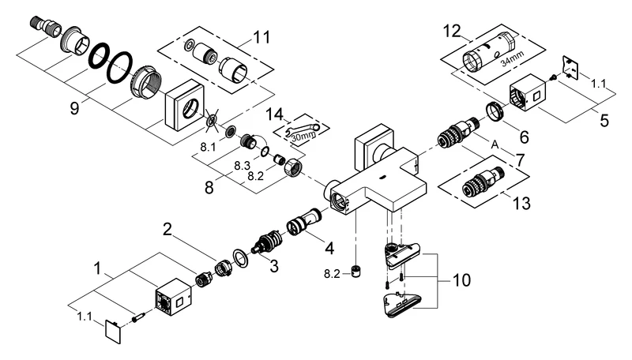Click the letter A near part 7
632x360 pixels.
pyautogui.click(x=495, y=144)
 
